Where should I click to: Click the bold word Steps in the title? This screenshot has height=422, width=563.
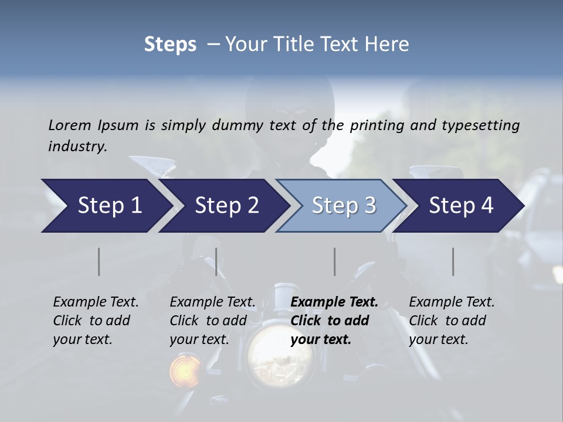(x=170, y=44)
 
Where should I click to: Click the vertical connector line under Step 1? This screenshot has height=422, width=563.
(x=99, y=261)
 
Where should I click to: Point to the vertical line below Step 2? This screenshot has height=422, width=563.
(x=216, y=261)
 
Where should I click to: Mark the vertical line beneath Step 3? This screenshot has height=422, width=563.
(x=334, y=261)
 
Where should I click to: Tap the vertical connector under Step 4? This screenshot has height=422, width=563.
(x=453, y=261)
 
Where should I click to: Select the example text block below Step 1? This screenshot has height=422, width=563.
(x=96, y=321)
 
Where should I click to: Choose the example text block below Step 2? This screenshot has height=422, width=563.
(x=212, y=321)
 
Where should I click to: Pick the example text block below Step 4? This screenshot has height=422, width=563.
(x=452, y=321)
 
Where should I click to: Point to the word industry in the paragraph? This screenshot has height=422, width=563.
(x=77, y=147)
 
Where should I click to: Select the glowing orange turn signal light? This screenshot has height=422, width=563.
(x=183, y=370)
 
